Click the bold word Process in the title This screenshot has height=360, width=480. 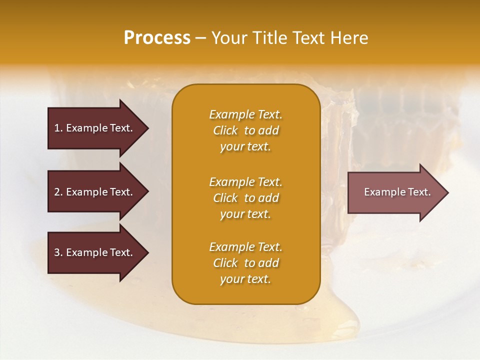click(x=157, y=38)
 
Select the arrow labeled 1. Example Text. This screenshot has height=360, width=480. click(x=95, y=128)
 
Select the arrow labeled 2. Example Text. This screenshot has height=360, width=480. click(x=95, y=192)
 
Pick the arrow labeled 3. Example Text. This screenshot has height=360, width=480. click(x=95, y=252)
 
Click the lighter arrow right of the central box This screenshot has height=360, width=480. click(x=395, y=192)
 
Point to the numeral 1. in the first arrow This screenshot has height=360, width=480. click(x=58, y=128)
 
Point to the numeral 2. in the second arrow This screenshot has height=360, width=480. click(x=58, y=192)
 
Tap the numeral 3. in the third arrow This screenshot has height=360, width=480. click(x=58, y=252)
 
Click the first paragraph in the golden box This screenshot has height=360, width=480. click(x=245, y=130)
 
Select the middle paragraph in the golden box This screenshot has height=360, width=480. click(x=245, y=198)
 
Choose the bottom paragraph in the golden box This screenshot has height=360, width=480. click(x=245, y=263)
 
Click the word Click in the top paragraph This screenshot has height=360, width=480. click(x=225, y=130)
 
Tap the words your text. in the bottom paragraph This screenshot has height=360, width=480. click(x=245, y=279)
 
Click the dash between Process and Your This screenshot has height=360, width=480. click(x=201, y=38)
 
